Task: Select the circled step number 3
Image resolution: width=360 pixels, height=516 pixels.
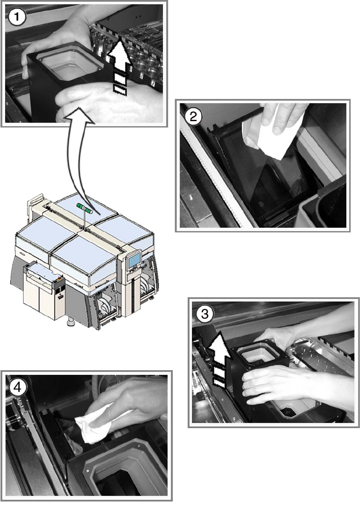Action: [x=205, y=315]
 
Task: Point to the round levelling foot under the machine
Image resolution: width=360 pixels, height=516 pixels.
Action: [x=70, y=325]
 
